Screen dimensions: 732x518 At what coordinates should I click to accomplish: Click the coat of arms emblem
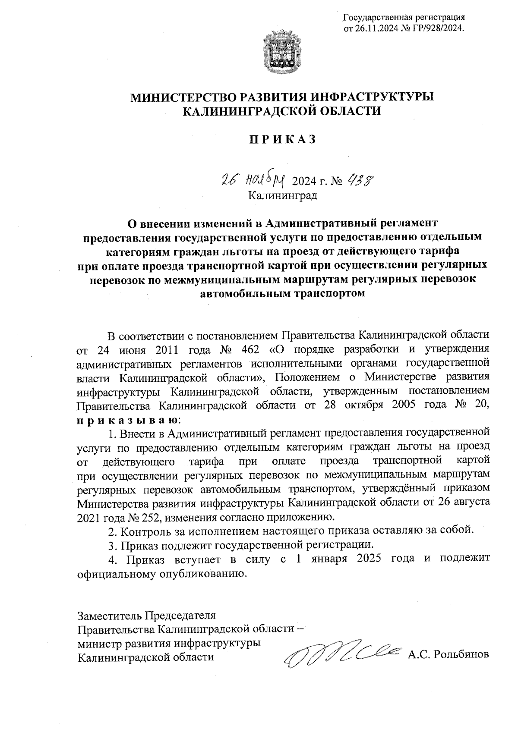pyautogui.click(x=282, y=52)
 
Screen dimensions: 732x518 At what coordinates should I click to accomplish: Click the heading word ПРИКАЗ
pyautogui.click(x=282, y=139)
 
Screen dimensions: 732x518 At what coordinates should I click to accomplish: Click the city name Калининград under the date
pyautogui.click(x=282, y=195)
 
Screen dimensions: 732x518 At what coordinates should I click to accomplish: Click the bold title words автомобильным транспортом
pyautogui.click(x=283, y=294)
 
